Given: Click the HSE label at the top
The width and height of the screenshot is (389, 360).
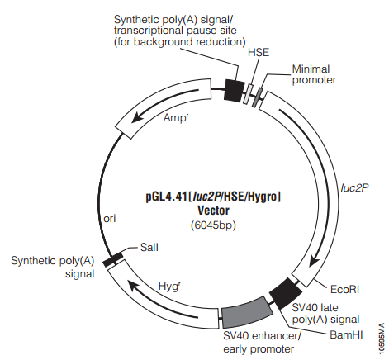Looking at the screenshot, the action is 259,52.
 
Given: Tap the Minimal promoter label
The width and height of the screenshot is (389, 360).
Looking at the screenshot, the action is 314,74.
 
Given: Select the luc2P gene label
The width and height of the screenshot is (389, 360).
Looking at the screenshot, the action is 354,188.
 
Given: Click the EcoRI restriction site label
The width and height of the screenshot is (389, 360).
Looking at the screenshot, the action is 344,290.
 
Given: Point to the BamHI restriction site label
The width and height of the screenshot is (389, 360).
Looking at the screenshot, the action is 346,334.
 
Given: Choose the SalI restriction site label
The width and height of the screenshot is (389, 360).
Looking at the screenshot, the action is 149,247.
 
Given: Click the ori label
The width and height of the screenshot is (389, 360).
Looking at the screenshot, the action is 110,219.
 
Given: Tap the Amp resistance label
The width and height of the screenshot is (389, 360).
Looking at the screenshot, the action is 176,117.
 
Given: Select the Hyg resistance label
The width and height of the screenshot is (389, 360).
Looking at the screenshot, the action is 169,287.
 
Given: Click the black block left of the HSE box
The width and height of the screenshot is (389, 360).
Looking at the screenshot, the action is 235,91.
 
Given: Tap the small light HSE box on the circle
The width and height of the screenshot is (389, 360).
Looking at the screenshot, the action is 249,94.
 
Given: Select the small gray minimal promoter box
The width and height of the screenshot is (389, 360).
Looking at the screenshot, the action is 258,97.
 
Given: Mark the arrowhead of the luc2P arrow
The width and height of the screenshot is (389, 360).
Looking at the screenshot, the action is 314,261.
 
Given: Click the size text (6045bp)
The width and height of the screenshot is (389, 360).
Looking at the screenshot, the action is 213,225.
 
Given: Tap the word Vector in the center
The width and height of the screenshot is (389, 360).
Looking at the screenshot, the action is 213,211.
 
